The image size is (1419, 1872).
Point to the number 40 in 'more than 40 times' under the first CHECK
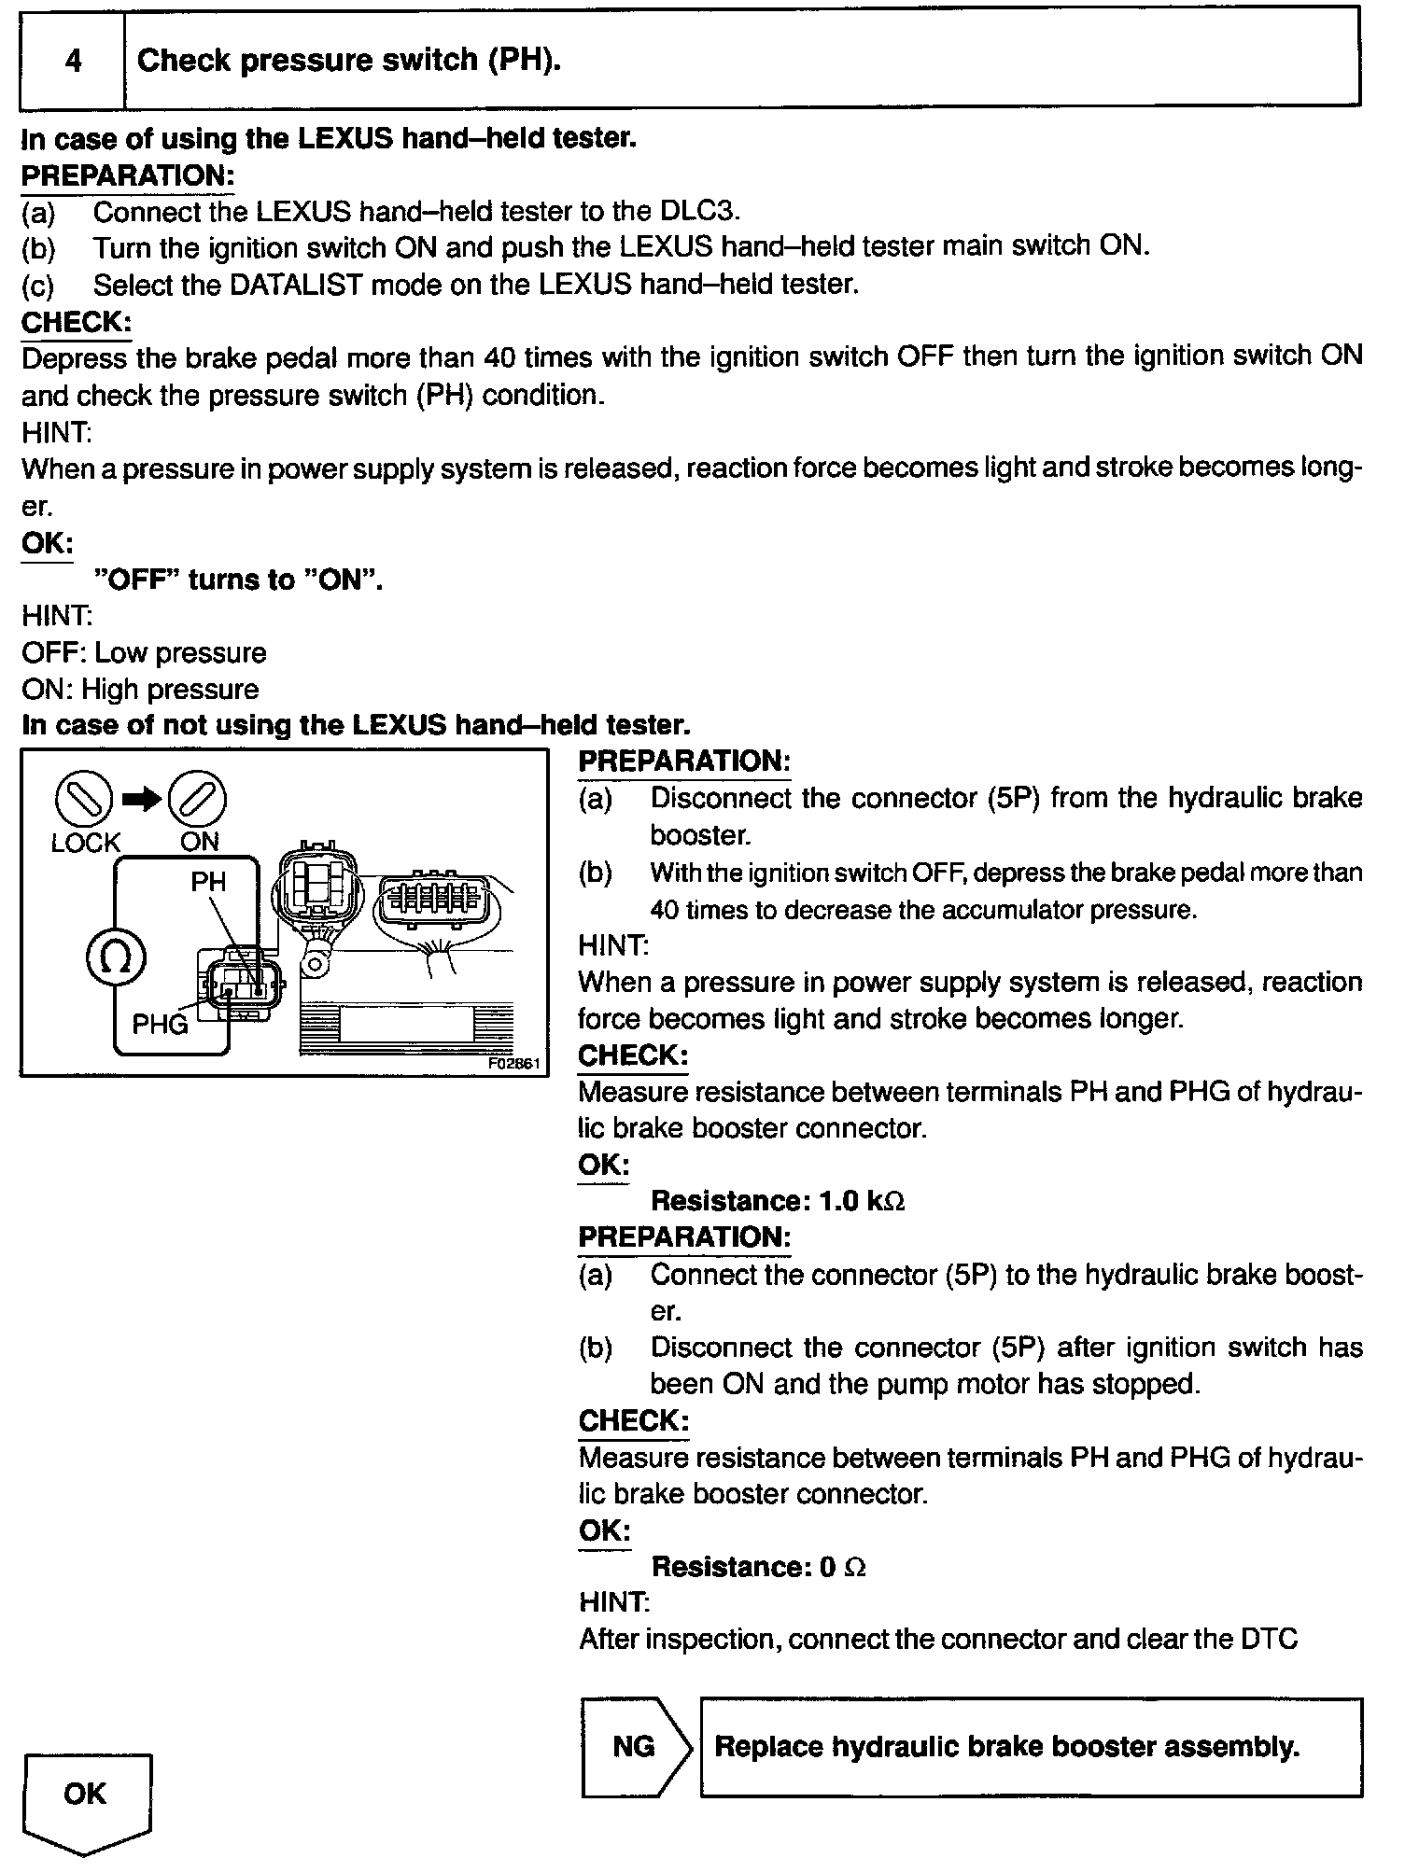click(500, 357)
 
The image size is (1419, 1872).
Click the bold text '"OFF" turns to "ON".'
click(239, 580)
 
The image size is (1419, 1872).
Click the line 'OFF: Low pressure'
click(144, 652)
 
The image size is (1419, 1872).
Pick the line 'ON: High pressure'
click(140, 690)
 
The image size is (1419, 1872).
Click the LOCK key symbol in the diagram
click(84, 800)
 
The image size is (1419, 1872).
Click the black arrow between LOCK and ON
click(142, 800)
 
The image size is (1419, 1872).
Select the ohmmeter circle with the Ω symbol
click(116, 958)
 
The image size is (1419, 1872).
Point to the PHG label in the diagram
click(160, 1025)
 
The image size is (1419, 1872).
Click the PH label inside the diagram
click(207, 882)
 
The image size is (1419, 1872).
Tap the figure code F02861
click(515, 1063)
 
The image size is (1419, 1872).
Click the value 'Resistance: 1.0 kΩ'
click(778, 1201)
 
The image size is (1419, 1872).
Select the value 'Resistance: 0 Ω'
click(758, 1566)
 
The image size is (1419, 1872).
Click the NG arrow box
click(635, 1747)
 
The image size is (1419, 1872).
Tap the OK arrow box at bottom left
click(86, 1794)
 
